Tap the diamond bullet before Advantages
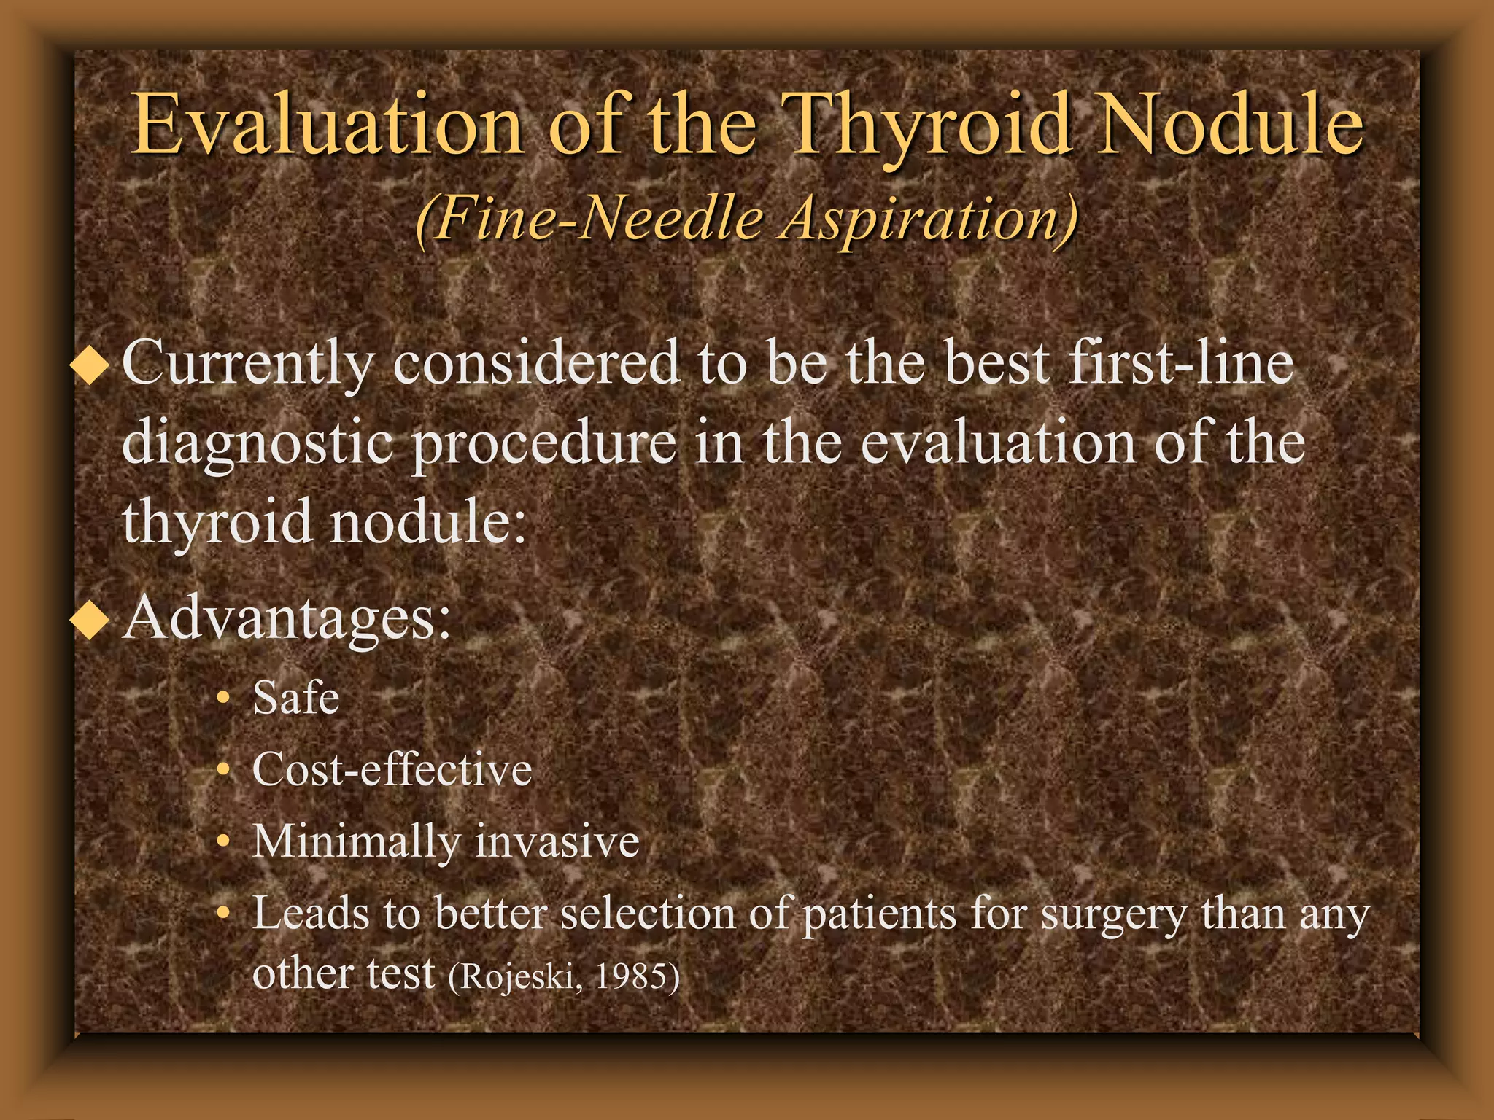[90, 621]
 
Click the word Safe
[295, 698]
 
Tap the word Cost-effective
[392, 769]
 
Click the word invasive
[557, 841]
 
